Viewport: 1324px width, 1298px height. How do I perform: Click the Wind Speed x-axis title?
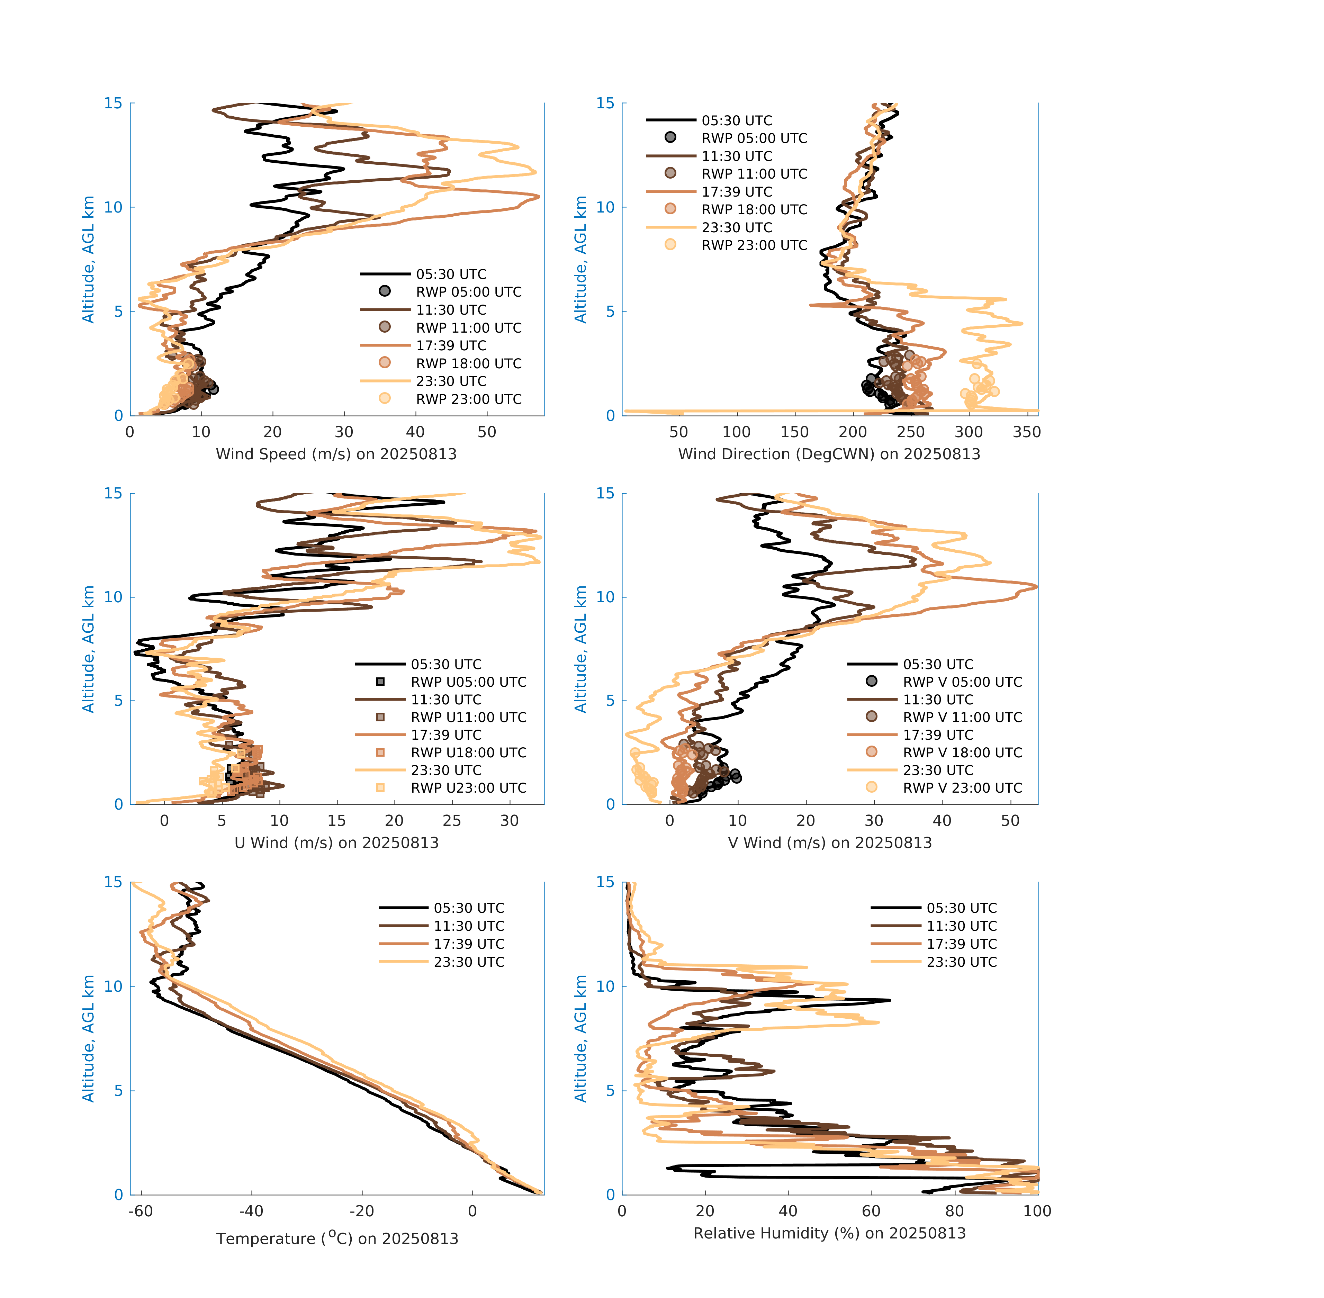pos(336,454)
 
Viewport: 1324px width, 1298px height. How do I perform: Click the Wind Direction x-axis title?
pos(829,454)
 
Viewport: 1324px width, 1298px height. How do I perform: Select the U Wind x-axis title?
pos(336,842)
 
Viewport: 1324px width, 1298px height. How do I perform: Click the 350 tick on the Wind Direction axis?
pos(1027,432)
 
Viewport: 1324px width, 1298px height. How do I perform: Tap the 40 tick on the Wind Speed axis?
pos(415,432)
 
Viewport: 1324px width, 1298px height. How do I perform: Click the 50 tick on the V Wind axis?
pos(1010,821)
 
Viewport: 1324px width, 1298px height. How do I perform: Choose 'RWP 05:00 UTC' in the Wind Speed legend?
pos(468,292)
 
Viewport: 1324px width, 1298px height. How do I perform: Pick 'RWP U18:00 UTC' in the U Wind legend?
pos(468,752)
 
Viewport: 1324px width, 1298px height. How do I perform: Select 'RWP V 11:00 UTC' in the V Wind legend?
pos(962,717)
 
